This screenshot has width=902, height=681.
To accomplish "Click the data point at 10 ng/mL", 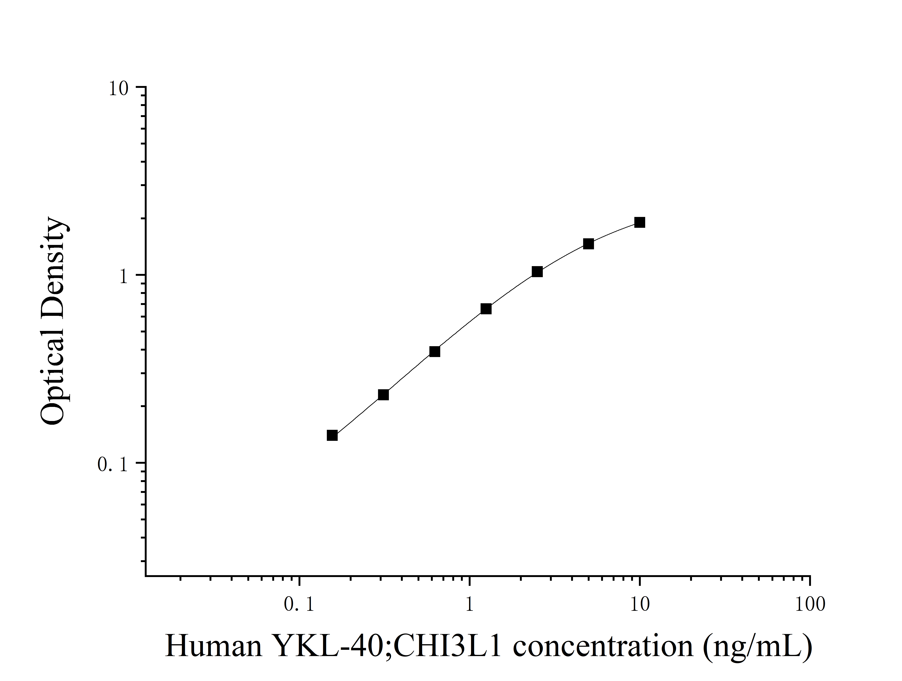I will coord(639,222).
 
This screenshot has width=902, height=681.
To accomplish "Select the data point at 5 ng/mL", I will coord(588,244).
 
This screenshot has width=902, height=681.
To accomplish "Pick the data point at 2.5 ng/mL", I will coord(537,272).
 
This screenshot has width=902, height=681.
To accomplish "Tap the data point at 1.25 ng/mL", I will coord(486,309).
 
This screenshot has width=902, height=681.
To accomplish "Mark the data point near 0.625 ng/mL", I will coord(435,351).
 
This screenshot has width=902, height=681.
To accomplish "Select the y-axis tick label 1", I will coord(123,277).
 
